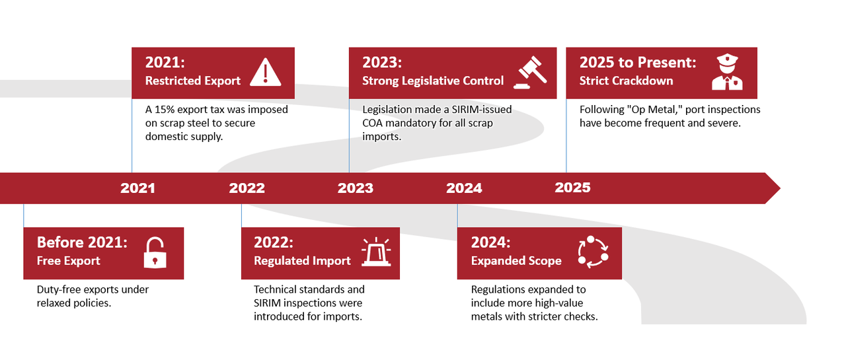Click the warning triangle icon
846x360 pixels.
click(266, 72)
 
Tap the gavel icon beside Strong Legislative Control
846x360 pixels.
click(530, 73)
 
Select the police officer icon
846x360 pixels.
click(727, 72)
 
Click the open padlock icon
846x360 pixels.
click(155, 252)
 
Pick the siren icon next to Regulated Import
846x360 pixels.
click(376, 252)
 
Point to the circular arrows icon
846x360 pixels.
click(593, 252)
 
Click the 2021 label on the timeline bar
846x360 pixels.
click(138, 188)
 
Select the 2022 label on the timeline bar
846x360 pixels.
click(247, 188)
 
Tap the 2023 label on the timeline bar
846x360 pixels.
click(356, 188)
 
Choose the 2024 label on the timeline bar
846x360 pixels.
click(464, 188)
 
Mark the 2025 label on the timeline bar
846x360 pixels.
click(572, 188)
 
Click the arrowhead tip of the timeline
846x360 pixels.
click(781, 188)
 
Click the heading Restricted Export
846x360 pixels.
click(192, 81)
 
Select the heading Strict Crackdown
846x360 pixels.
click(626, 81)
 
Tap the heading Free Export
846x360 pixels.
click(68, 261)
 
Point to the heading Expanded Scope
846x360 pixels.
click(516, 261)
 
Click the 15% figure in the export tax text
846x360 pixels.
click(165, 110)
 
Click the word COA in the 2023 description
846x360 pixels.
click(372, 123)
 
